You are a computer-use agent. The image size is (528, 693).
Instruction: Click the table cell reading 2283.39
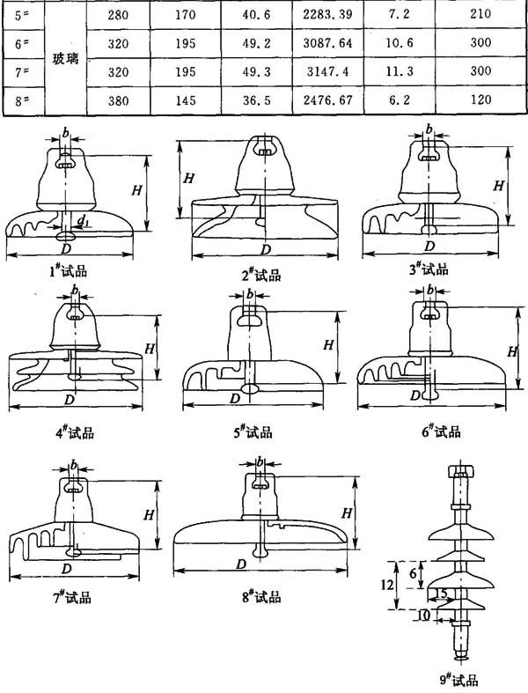pos(327,15)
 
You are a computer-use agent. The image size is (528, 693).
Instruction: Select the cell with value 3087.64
pos(327,43)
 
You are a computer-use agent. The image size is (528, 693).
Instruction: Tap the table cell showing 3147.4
pos(327,71)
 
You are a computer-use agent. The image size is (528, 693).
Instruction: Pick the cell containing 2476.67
pos(327,100)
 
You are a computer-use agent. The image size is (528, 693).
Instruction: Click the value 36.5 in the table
pos(256,100)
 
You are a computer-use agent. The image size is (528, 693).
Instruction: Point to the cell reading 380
pos(118,100)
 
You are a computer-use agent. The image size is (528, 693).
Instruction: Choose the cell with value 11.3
pos(400,71)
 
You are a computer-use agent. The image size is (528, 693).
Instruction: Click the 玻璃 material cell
pos(65,58)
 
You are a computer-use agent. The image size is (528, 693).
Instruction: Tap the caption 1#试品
pos(68,270)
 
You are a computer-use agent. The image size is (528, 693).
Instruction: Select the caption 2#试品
pos(261,275)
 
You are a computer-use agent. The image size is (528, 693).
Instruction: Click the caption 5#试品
pos(253,431)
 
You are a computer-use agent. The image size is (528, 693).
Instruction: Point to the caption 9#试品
pos(459,680)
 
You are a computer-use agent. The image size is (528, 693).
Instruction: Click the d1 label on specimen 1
pos(83,219)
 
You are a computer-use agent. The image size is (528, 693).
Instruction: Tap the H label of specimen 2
pos(188,179)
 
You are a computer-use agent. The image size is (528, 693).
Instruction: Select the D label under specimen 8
pos(241,564)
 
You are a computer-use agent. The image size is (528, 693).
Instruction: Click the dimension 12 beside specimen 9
pos(387,585)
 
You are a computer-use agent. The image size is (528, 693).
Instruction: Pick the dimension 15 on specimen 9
pos(441,593)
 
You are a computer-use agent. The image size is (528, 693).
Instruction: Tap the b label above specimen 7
pos(74,464)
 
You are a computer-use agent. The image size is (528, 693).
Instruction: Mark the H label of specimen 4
pos(150,349)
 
